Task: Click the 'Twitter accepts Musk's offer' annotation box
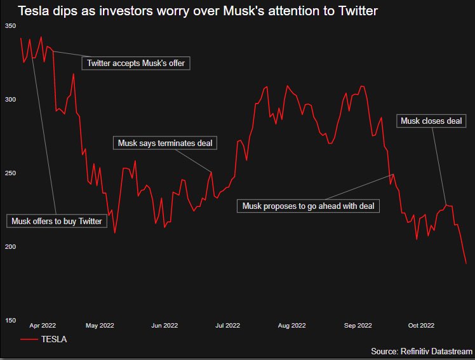tap(136, 63)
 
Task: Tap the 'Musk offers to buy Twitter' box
tap(57, 221)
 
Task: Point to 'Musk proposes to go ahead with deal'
tap(308, 206)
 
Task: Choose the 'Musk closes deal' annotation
tap(432, 121)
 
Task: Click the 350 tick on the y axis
tap(10, 26)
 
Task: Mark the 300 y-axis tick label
tap(10, 100)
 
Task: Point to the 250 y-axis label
tap(10, 173)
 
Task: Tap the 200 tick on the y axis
tap(10, 246)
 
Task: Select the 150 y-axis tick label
tap(10, 320)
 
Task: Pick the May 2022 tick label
tap(100, 326)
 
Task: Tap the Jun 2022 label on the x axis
tap(164, 326)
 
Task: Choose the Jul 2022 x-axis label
tap(228, 326)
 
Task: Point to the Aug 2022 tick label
tap(292, 326)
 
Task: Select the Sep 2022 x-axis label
tap(358, 326)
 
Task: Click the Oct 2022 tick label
tap(421, 326)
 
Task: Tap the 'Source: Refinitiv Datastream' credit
tap(422, 351)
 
